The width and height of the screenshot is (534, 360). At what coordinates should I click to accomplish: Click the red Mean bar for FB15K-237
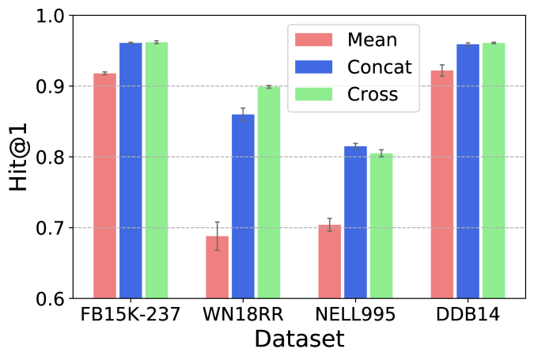click(104, 186)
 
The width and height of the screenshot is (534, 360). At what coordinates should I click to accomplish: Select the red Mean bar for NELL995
click(330, 262)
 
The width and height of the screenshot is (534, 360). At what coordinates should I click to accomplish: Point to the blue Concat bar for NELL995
click(356, 222)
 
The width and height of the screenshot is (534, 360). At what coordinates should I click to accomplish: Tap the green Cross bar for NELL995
click(381, 226)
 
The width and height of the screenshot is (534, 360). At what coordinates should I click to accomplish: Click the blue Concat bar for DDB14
click(468, 172)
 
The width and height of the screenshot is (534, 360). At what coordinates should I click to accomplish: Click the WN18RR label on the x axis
click(243, 314)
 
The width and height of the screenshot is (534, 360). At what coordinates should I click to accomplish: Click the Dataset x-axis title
click(299, 340)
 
